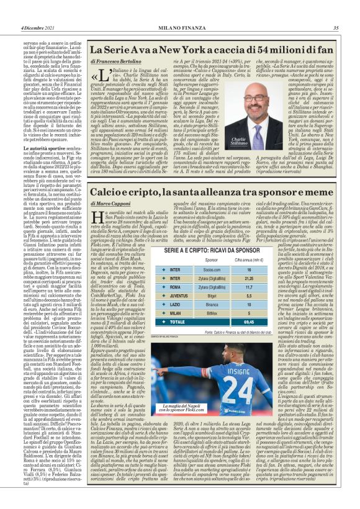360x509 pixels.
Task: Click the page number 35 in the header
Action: (335, 27)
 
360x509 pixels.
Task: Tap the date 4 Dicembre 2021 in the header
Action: (38, 27)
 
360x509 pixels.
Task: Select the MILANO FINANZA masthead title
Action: (179, 27)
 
